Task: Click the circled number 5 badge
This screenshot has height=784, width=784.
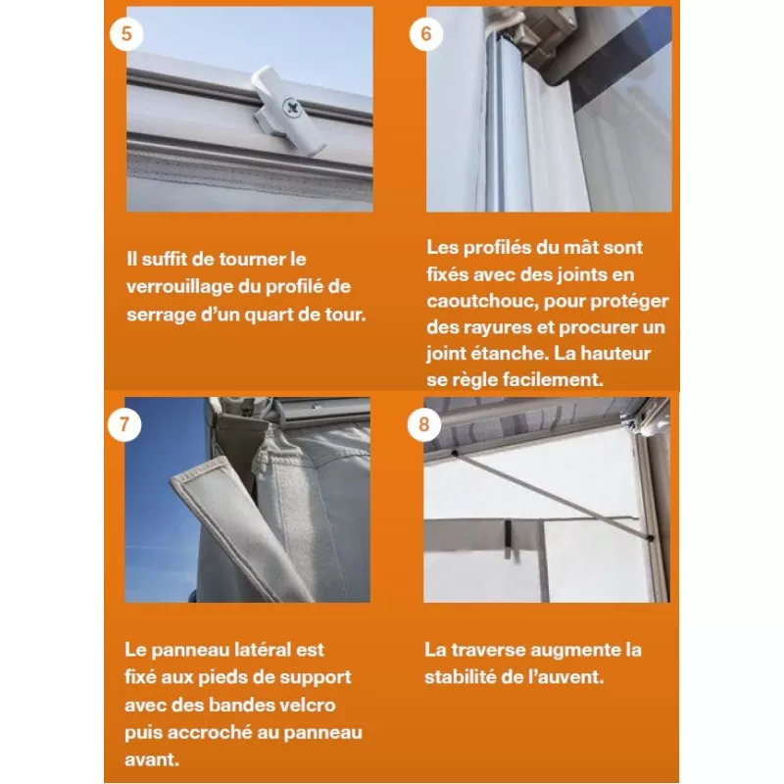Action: click(126, 32)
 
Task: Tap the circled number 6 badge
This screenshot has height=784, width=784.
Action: click(426, 32)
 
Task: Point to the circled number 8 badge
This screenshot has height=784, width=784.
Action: click(423, 424)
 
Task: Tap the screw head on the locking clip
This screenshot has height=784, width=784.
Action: click(289, 106)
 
